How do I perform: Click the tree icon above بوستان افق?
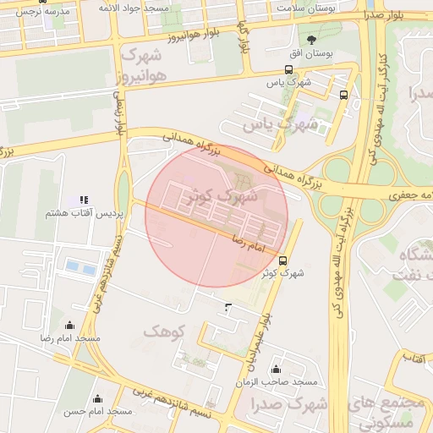[x=312, y=39]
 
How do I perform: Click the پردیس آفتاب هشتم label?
[x=85, y=214]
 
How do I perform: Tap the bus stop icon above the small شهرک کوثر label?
[x=282, y=260]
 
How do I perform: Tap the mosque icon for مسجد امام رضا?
[x=69, y=326]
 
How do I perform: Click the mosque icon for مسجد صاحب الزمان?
[x=276, y=369]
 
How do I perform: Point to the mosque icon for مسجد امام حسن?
[x=98, y=399]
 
